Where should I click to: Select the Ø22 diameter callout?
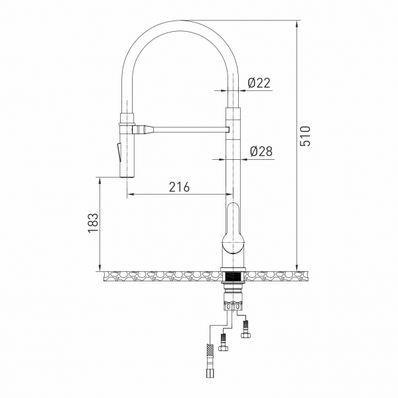point(259,83)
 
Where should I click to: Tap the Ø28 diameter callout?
point(261,151)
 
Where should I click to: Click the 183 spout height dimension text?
point(93,222)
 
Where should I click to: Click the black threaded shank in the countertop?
point(233,275)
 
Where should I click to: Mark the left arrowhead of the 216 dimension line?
point(131,194)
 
